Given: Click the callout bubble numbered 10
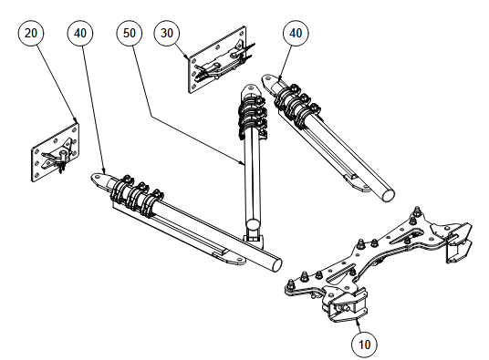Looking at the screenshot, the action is point(364,345).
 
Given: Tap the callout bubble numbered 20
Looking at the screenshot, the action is point(31,33).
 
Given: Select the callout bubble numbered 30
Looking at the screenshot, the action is point(167,33).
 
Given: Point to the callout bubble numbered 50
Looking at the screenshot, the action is point(130,33).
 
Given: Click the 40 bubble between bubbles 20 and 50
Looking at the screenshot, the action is point(80,33).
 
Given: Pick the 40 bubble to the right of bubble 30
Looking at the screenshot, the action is point(296,33).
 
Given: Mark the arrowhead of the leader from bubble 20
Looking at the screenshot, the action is point(75,120).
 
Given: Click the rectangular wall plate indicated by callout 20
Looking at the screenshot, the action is point(56,152).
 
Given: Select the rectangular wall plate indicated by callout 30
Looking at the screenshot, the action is point(217,59).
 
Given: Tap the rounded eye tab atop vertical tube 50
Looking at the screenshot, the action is point(251,88).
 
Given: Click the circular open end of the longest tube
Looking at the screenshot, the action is point(276,264).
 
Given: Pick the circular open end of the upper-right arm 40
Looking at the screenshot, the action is point(389,195).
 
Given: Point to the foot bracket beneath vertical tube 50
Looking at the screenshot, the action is point(255,241).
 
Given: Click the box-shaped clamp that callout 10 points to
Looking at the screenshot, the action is point(344,306).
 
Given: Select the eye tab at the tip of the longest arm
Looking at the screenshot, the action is point(99,178).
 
